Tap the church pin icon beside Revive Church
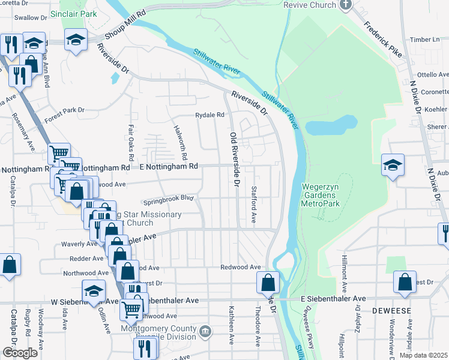pyautogui.click(x=345, y=5)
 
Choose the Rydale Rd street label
pyautogui.click(x=209, y=115)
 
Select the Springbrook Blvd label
pyautogui.click(x=169, y=197)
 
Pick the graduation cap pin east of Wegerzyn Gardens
pyautogui.click(x=393, y=165)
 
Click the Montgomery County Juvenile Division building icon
pyautogui.click(x=205, y=331)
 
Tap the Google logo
pyautogui.click(x=20, y=353)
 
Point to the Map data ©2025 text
pyautogui.click(x=423, y=355)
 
